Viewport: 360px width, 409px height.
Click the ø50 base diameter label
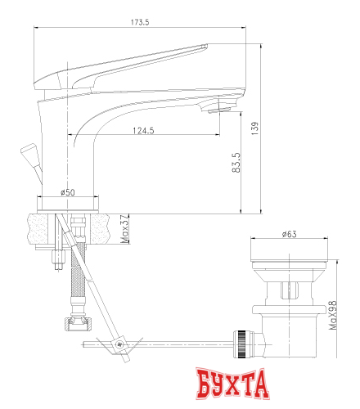click(68, 192)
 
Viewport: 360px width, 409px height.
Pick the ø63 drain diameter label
click(289, 235)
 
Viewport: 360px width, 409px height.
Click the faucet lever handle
click(123, 65)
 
